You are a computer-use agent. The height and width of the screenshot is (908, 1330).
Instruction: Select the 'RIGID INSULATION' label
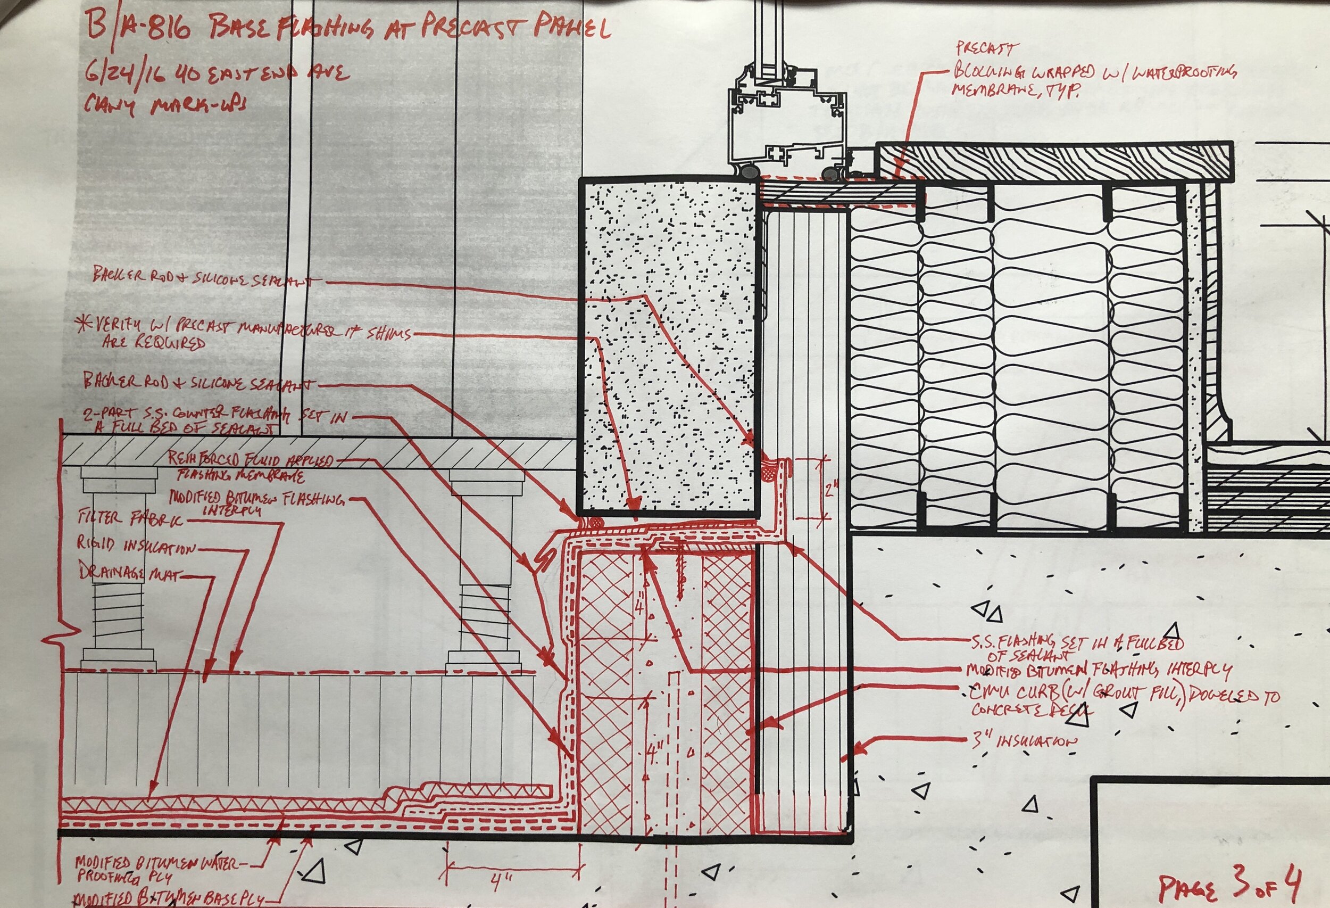point(136,547)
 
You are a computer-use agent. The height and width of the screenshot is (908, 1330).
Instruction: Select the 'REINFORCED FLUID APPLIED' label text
point(250,461)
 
